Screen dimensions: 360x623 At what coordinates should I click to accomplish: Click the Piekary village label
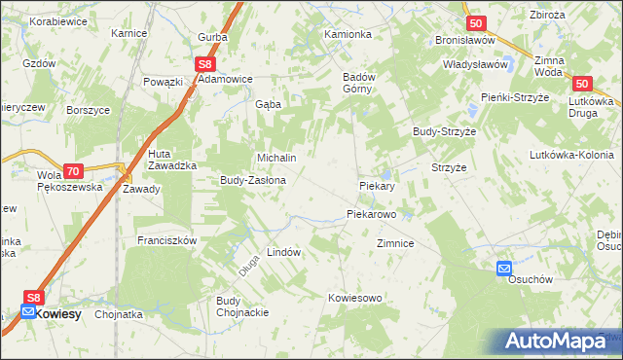pyautogui.click(x=376, y=185)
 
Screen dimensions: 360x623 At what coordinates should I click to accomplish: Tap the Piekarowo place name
pyautogui.click(x=372, y=214)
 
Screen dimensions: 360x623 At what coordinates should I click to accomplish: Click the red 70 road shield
pyautogui.click(x=72, y=169)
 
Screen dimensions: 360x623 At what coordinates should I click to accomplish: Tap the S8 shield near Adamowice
pyautogui.click(x=204, y=63)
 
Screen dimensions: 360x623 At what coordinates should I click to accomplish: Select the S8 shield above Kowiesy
pyautogui.click(x=34, y=299)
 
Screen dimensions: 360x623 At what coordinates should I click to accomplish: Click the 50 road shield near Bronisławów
pyautogui.click(x=475, y=23)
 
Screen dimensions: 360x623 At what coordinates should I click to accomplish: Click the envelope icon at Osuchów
pyautogui.click(x=504, y=268)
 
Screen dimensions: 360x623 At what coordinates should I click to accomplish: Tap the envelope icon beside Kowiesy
pyautogui.click(x=27, y=313)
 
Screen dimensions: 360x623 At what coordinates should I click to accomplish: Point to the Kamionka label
pyautogui.click(x=348, y=34)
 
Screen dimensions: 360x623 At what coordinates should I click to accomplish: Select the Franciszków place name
pyautogui.click(x=167, y=240)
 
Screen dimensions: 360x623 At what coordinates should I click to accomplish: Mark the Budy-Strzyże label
pyautogui.click(x=443, y=130)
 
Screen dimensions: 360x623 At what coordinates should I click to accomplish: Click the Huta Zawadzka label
pyautogui.click(x=173, y=161)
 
